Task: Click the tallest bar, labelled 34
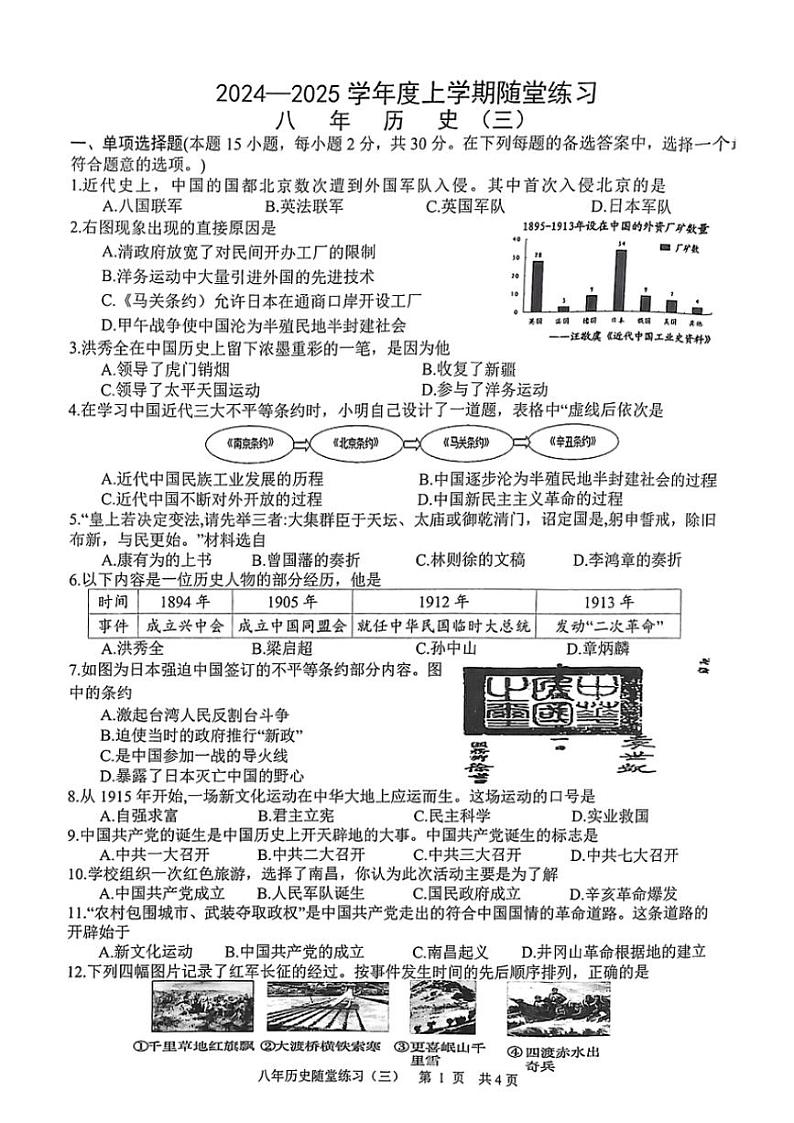(620, 281)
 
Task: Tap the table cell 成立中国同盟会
(290, 626)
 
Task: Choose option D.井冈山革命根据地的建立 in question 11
(614, 951)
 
